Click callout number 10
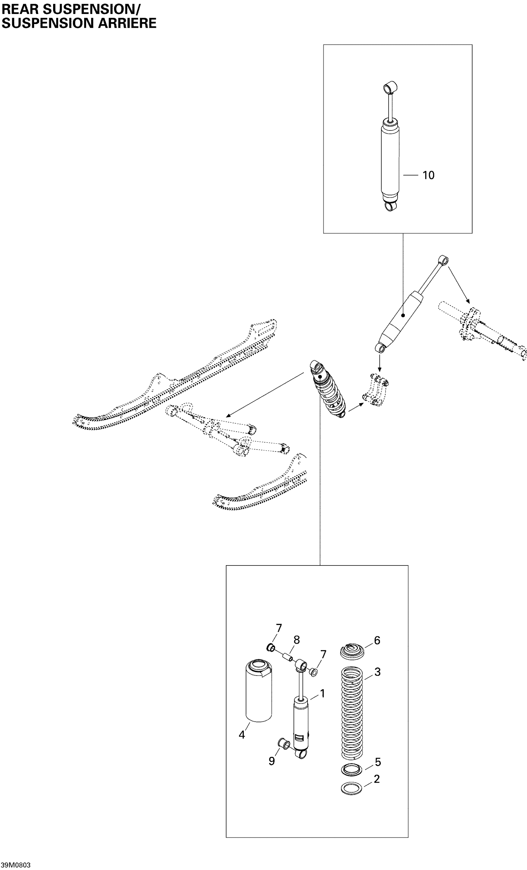[x=428, y=175]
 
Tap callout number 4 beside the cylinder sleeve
[x=242, y=735]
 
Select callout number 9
[x=271, y=761]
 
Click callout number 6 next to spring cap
[x=377, y=641]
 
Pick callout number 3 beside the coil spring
[x=377, y=672]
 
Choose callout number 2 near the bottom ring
[x=376, y=779]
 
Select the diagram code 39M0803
[x=16, y=865]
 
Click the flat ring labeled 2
[x=352, y=789]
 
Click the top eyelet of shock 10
[x=391, y=86]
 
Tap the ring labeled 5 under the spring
[x=352, y=769]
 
